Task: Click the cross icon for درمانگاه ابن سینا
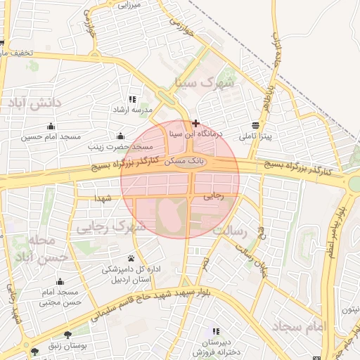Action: pyautogui.click(x=195, y=123)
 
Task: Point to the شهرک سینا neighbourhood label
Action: pyautogui.click(x=209, y=83)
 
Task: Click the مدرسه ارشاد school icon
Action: pyautogui.click(x=130, y=100)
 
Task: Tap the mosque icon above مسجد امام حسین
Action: pyautogui.click(x=50, y=127)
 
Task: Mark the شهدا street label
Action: pyautogui.click(x=103, y=199)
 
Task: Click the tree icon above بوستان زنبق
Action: pyautogui.click(x=67, y=335)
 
